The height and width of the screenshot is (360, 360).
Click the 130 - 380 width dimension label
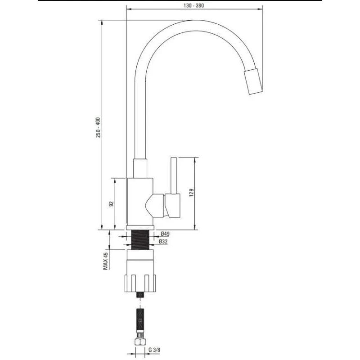pyautogui.click(x=193, y=5)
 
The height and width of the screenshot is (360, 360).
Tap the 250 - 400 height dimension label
pyautogui.click(x=98, y=127)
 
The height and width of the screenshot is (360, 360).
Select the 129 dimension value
pyautogui.click(x=191, y=193)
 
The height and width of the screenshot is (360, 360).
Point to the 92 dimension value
pyautogui.click(x=111, y=204)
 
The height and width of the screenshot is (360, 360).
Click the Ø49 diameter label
pyautogui.click(x=165, y=234)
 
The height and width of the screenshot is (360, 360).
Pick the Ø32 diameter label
pyautogui.click(x=163, y=242)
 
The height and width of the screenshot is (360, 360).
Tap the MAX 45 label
pyautogui.click(x=105, y=261)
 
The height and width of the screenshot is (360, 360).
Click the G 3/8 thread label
pyautogui.click(x=154, y=350)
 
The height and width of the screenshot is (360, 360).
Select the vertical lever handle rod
pyautogui.click(x=174, y=176)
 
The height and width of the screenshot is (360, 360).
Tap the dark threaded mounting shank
pyautogui.click(x=140, y=240)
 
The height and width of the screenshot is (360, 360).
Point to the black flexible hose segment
pyautogui.click(x=140, y=321)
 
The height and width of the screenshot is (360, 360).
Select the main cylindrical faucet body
pyautogui.click(x=140, y=202)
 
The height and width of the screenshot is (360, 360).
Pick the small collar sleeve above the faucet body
pyautogui.click(x=140, y=168)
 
